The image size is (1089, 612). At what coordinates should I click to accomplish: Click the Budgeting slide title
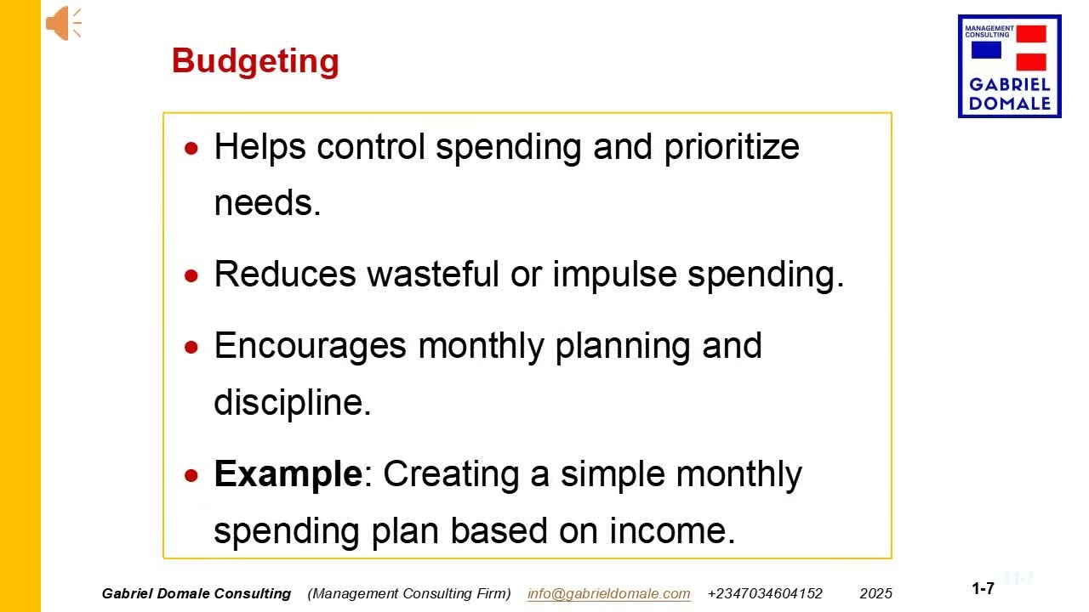click(x=255, y=61)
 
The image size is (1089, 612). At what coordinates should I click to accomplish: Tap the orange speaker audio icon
click(x=62, y=23)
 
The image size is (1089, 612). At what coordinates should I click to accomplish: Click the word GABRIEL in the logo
click(x=1010, y=85)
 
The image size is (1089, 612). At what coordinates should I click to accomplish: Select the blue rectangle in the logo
click(x=986, y=50)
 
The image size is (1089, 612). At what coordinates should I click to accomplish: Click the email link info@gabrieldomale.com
click(x=608, y=593)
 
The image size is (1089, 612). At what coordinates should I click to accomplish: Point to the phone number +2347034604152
click(x=765, y=593)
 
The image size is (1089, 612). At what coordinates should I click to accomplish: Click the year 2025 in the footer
click(x=875, y=593)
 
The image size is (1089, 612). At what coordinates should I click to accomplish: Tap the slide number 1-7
click(x=983, y=588)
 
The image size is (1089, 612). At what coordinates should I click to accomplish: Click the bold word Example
click(x=288, y=473)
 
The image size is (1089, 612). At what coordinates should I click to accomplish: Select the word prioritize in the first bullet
click(x=732, y=146)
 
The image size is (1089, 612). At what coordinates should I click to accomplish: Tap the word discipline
click(x=292, y=402)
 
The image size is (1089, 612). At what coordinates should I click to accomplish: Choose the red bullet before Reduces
click(x=193, y=275)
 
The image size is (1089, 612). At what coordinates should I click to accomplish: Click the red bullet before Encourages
click(x=193, y=347)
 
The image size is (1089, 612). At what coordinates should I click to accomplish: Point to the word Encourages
click(x=310, y=346)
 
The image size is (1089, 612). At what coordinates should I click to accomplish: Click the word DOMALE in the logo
click(x=1010, y=104)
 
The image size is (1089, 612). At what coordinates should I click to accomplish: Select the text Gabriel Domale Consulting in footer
click(x=196, y=593)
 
